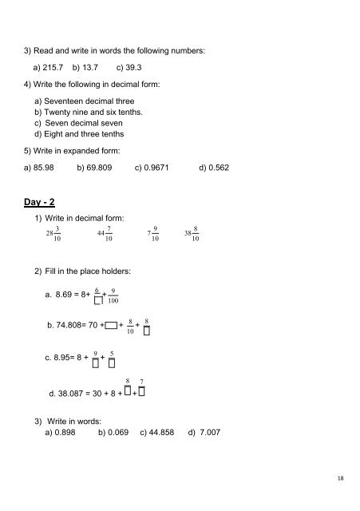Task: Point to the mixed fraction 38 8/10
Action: (x=191, y=232)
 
